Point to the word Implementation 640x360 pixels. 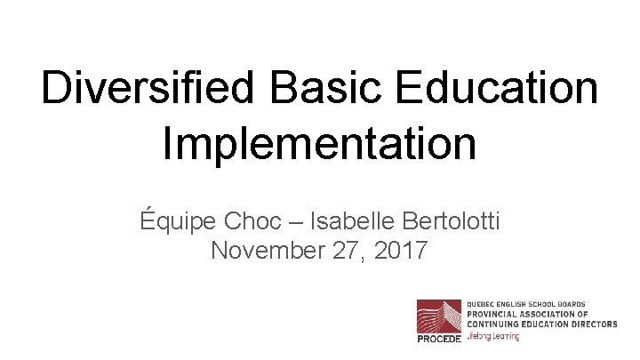319,145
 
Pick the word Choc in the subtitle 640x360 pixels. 255,219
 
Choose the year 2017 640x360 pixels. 400,251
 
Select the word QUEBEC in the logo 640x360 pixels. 483,304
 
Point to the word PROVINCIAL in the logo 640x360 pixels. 496,314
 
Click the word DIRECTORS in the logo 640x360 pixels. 591,324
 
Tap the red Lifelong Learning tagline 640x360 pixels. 493,336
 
